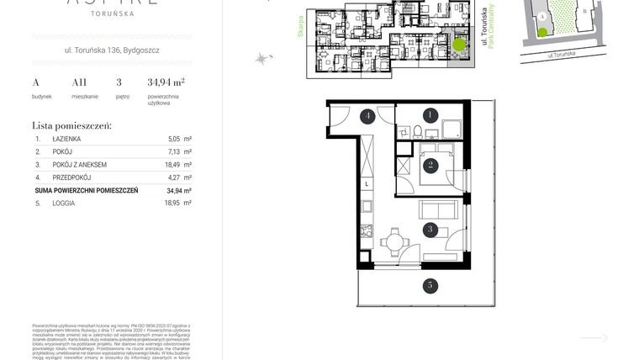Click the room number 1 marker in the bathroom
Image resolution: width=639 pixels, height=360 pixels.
(430, 114)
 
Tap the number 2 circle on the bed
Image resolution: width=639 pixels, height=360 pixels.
(430, 165)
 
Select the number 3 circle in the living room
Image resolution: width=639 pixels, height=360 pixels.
(430, 228)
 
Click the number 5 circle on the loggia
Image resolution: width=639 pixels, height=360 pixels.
(430, 286)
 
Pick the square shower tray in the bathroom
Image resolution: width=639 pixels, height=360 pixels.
(450, 129)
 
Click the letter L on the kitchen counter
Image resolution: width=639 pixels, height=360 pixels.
(367, 183)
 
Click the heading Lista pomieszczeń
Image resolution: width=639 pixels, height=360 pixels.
(71, 125)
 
